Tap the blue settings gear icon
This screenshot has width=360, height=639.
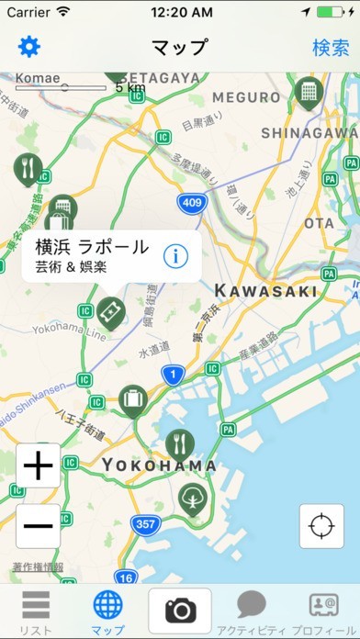point(30,47)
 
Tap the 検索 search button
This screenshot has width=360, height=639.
point(331,48)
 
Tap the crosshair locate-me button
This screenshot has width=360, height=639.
point(321,527)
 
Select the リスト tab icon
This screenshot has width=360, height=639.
point(35,611)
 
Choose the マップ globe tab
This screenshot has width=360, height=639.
point(107,611)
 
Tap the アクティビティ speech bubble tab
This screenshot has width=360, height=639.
point(251,611)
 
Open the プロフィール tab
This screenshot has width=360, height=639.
point(324,611)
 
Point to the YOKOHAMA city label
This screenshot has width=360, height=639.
point(160,465)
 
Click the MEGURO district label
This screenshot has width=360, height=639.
point(246,97)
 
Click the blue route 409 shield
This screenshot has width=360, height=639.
point(192,202)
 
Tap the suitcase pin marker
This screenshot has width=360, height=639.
point(133,399)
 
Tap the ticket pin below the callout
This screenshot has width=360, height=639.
point(109,311)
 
